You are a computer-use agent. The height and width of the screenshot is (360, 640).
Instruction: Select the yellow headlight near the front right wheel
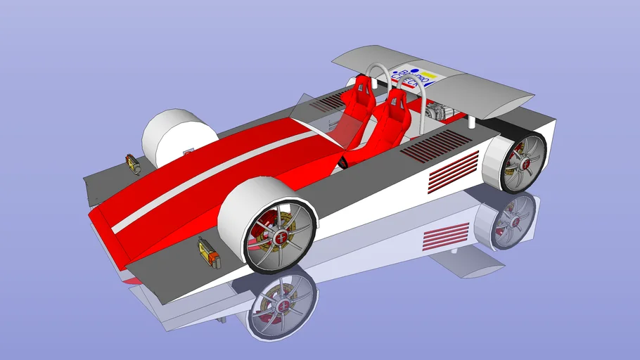(x=207, y=252)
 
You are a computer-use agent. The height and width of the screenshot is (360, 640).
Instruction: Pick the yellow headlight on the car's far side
(x=132, y=165)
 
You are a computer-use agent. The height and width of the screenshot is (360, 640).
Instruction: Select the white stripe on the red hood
(x=211, y=183)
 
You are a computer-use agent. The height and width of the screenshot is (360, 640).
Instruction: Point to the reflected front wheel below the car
(x=280, y=302)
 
